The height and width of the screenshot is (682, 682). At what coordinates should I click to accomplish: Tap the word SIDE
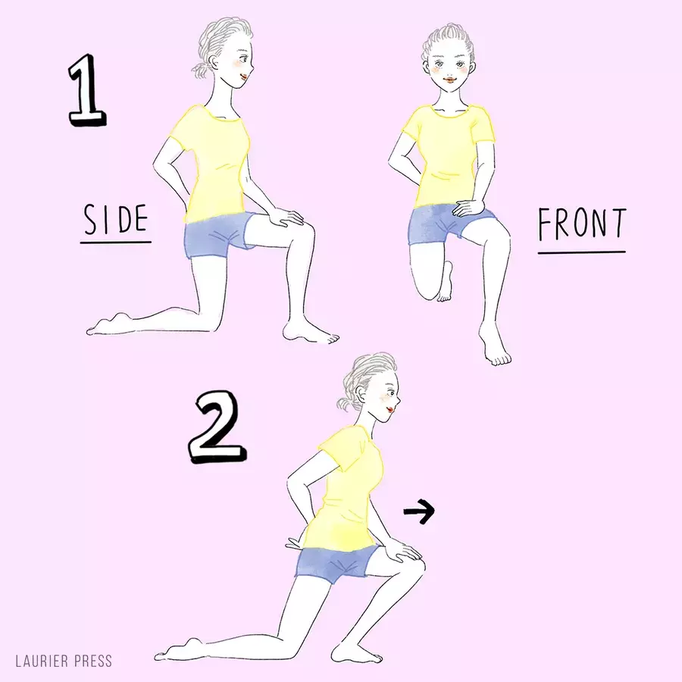point(116,219)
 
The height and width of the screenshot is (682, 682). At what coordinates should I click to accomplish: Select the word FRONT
point(583,224)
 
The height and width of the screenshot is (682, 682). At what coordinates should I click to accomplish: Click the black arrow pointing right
point(419,511)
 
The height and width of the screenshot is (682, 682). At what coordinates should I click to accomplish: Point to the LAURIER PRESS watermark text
point(64,661)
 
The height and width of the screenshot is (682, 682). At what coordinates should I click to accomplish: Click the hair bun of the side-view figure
point(201,70)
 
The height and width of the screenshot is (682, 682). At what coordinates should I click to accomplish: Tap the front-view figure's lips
point(448,80)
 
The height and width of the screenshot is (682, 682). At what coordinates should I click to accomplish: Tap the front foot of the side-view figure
point(310,333)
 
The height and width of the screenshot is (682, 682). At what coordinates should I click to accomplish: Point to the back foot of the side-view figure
point(108,324)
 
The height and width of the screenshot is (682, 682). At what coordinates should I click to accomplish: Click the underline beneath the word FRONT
point(582,252)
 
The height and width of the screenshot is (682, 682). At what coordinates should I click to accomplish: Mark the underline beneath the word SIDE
point(116,242)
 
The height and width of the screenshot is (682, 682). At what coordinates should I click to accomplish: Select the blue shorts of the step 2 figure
point(335,563)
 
